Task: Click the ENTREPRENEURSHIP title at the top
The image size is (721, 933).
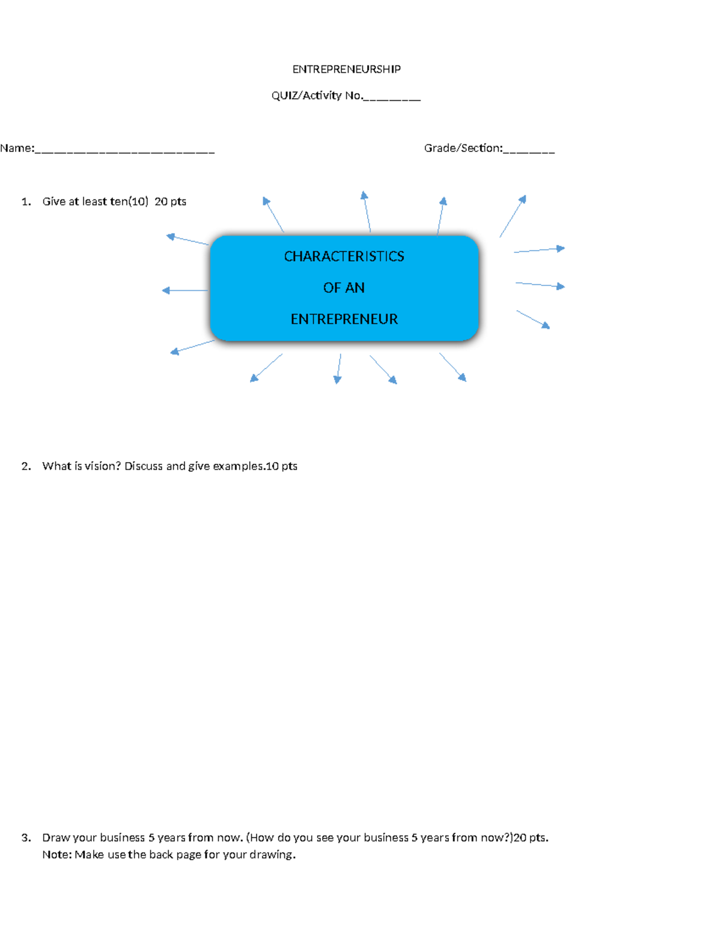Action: point(346,69)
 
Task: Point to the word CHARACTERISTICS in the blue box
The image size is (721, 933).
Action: point(344,257)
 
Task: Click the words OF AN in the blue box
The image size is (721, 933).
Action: point(344,288)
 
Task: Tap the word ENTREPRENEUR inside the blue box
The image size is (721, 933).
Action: point(344,319)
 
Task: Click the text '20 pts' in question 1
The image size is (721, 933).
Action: point(170,202)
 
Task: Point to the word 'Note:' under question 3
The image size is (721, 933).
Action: point(56,855)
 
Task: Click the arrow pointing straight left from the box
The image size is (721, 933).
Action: point(184,291)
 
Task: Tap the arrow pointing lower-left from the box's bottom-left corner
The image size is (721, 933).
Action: point(192,347)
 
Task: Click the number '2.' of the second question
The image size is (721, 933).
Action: point(26,466)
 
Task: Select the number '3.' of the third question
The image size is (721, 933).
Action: point(26,837)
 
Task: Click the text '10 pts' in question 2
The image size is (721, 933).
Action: point(281,466)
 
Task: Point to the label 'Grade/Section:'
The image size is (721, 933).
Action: point(463,148)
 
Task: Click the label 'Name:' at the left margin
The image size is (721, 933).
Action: point(17,148)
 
